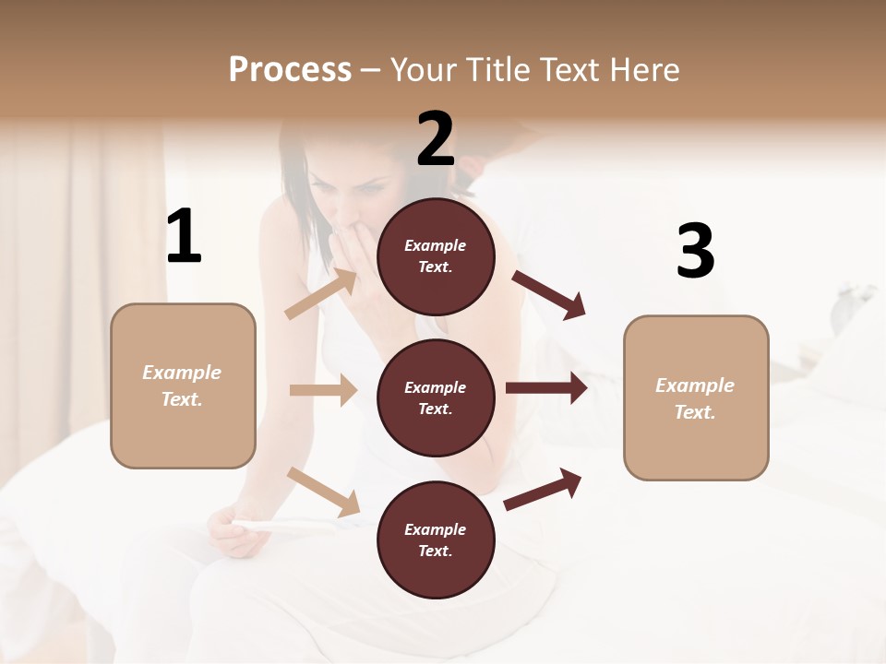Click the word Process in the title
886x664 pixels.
[x=290, y=70]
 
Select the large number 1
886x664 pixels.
[x=184, y=237]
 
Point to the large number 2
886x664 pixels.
[x=436, y=139]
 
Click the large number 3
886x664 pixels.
[x=695, y=251]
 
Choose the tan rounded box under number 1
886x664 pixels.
[x=183, y=385]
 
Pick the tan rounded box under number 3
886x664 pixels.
[x=696, y=397]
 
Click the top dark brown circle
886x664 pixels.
[x=436, y=256]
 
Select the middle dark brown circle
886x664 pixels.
[x=436, y=397]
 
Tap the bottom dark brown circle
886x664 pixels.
[x=436, y=539]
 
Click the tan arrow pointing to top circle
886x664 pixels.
[x=322, y=294]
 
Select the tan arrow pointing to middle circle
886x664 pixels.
[x=323, y=390]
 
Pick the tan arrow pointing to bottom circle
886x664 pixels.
[x=324, y=491]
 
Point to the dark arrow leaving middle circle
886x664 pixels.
[x=546, y=388]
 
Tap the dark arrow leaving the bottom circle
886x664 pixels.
[x=543, y=489]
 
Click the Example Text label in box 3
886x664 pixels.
[x=695, y=398]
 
